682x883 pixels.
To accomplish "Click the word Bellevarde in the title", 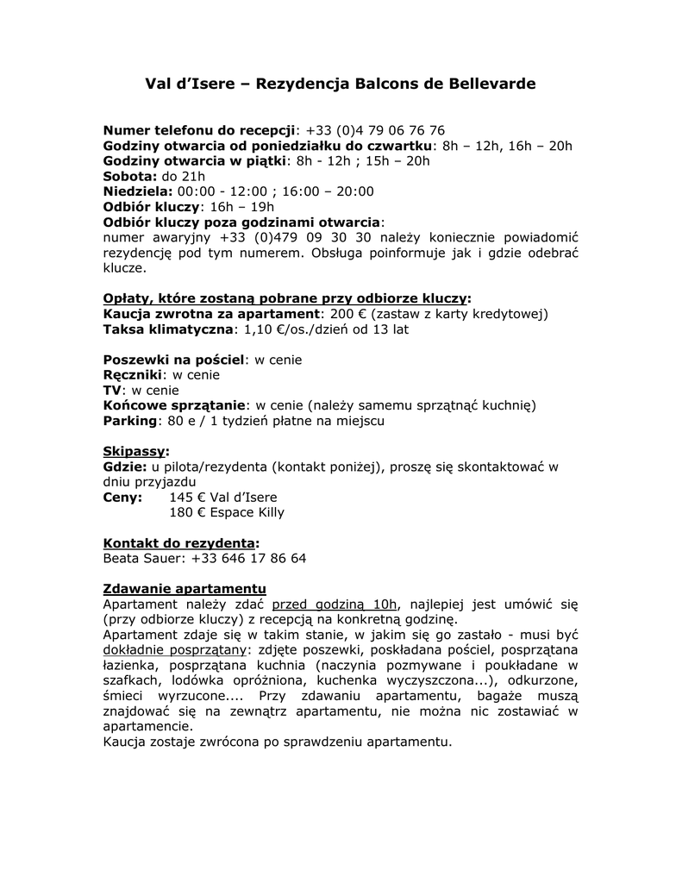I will (491, 84).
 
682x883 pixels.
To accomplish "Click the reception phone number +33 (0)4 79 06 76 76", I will (375, 130).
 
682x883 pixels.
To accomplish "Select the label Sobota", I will (130, 176).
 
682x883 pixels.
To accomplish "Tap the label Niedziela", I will (137, 191).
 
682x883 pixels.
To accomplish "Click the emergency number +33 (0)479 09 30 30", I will (295, 237).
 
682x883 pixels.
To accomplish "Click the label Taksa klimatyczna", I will (168, 329).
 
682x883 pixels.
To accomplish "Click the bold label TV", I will (112, 391).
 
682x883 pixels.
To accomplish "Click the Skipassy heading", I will (135, 451).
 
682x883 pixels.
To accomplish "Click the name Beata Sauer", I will (142, 559).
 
